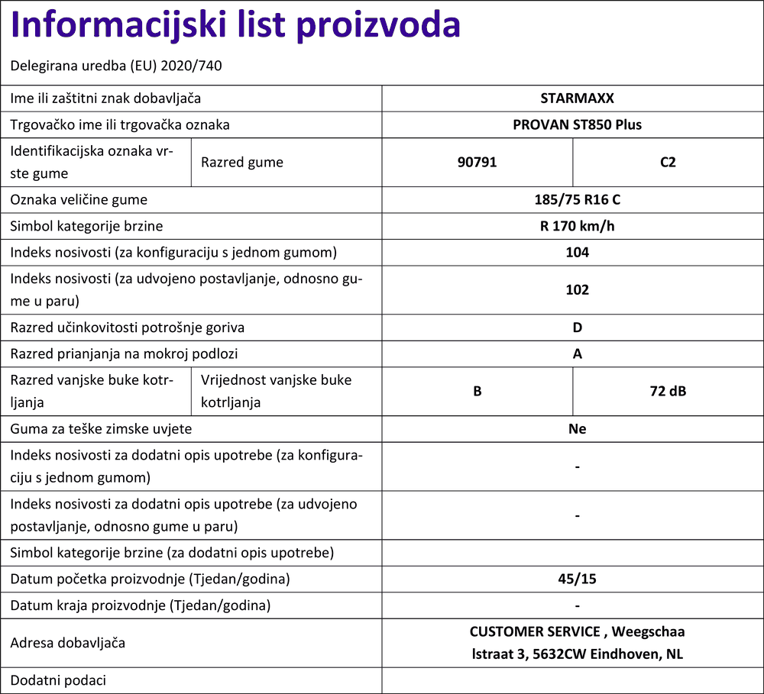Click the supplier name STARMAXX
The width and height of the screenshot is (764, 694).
click(x=577, y=98)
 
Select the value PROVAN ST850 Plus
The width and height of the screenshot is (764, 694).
click(x=577, y=124)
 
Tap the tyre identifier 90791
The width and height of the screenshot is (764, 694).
click(x=477, y=162)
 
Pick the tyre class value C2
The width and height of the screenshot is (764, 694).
click(x=668, y=162)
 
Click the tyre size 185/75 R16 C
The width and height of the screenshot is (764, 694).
click(x=577, y=200)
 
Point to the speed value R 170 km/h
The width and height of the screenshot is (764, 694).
click(x=577, y=226)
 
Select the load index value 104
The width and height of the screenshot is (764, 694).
click(x=577, y=252)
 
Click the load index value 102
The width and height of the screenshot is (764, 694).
click(x=577, y=289)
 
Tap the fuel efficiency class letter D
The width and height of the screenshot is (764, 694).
click(x=578, y=328)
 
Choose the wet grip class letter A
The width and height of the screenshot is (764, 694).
click(x=578, y=353)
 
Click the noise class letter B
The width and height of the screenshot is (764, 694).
click(x=477, y=391)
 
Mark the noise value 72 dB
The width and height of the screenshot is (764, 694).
click(x=668, y=391)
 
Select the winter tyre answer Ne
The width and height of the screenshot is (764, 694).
click(x=578, y=429)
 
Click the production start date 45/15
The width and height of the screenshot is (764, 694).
click(x=577, y=579)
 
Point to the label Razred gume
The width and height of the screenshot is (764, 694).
click(x=241, y=162)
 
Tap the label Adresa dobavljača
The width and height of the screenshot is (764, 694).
click(x=67, y=643)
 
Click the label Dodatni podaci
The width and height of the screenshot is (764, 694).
click(x=58, y=680)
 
